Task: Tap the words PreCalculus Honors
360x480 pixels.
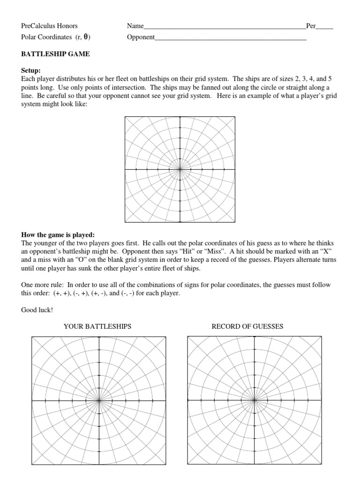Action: [x=49, y=26]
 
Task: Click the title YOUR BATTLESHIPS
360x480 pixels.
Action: [x=97, y=326]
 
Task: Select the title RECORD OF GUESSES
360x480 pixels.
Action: [x=247, y=326]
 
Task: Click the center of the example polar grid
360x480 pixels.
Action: [x=180, y=169]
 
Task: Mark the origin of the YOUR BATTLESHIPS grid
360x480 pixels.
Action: [x=99, y=400]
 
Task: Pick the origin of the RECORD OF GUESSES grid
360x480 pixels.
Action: [x=255, y=400]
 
